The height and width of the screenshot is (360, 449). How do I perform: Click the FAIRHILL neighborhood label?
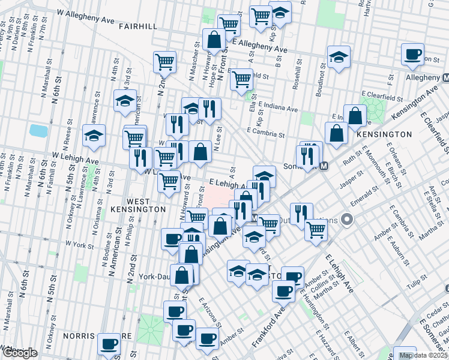(x=137, y=26)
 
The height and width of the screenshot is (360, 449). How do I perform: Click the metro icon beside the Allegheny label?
(x=447, y=78)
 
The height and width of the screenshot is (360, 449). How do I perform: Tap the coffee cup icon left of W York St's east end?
(x=172, y=239)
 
